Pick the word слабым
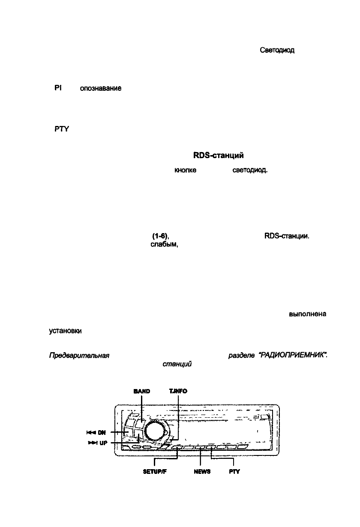pos(162,244)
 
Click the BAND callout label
pos(142,391)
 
